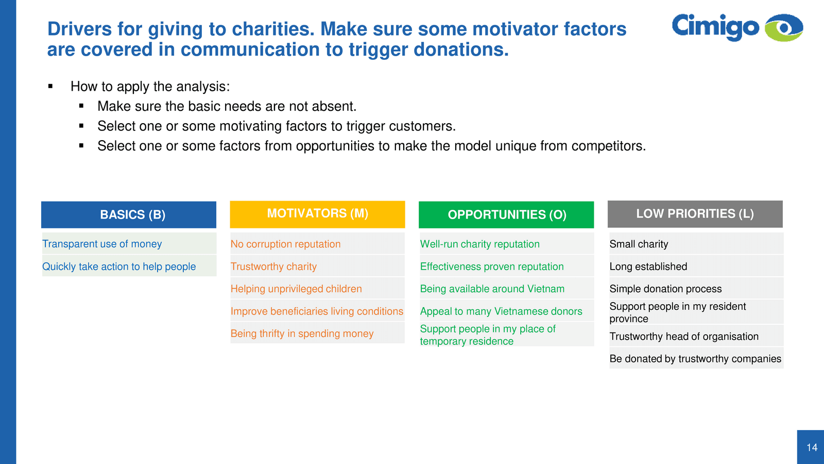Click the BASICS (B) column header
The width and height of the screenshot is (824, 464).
pos(129,214)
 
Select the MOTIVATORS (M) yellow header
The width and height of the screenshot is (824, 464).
pos(317,214)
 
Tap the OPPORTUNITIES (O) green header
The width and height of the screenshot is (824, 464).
pos(506,214)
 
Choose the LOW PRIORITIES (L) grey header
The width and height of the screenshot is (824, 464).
pos(695,214)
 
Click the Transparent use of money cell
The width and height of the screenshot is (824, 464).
pos(129,244)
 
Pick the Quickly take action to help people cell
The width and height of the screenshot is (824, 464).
pos(129,266)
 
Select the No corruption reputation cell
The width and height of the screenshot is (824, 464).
pos(317,244)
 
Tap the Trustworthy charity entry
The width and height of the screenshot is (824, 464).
pos(317,266)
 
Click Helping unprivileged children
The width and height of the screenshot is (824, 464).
pos(317,289)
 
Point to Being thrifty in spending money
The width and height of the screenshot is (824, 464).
pos(317,333)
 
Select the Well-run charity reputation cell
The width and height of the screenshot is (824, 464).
pos(507,244)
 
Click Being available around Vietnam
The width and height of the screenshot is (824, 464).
pos(507,289)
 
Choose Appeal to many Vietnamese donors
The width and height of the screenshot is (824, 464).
pos(507,311)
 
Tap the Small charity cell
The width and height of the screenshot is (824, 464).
pos(696,244)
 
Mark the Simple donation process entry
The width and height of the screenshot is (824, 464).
pos(696,289)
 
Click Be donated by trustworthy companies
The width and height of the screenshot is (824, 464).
pos(696,358)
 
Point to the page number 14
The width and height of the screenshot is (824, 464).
pos(812,448)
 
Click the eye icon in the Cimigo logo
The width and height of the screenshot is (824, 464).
pos(784,28)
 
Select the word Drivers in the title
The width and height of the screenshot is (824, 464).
pos(79,29)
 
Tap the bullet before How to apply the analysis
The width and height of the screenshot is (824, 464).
pos(50,87)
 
